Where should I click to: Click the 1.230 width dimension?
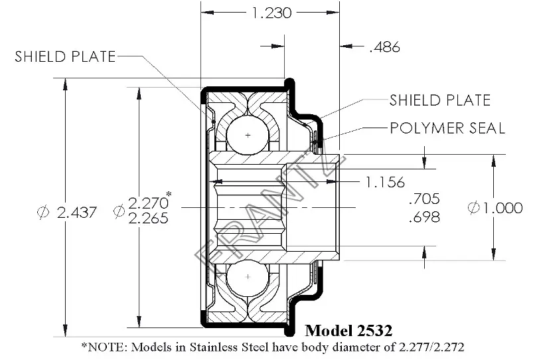271,13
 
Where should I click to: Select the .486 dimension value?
384,47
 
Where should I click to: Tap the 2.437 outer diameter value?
77,213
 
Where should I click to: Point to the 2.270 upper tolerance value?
148,203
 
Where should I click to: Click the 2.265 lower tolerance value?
148,219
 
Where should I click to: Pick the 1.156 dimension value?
385,182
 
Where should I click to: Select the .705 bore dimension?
424,199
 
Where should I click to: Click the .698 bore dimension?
424,217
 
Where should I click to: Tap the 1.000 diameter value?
502,208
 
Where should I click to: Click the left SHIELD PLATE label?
65,56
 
